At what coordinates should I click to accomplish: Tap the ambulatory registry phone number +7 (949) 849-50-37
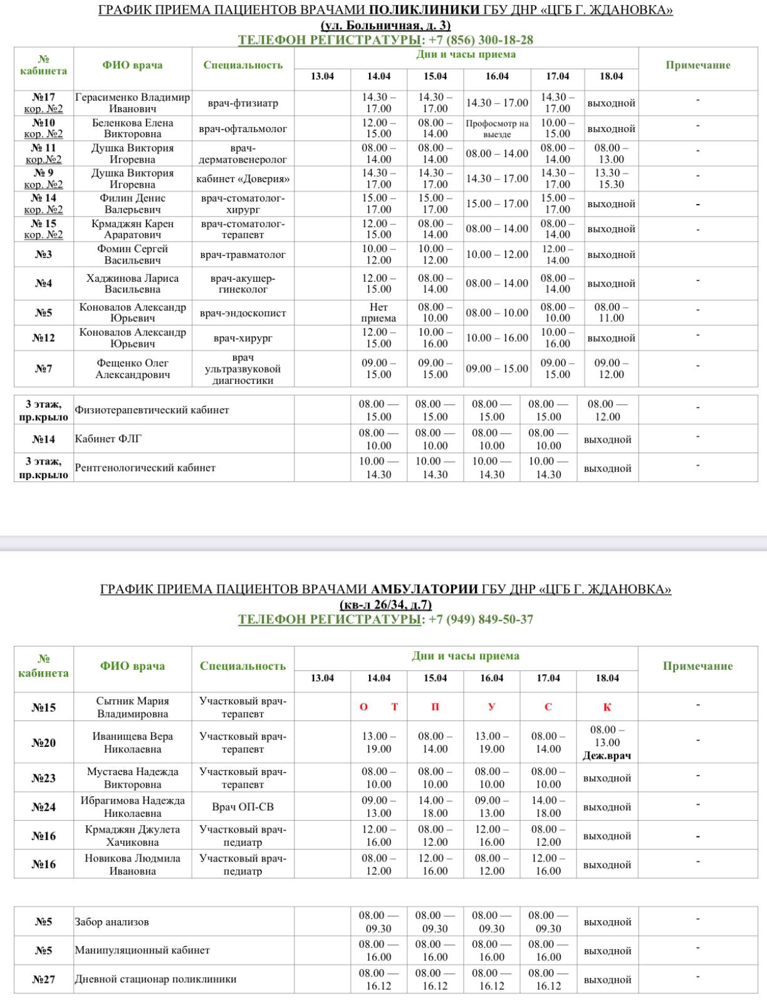[x=479, y=620]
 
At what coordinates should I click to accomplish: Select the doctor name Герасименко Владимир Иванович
[x=132, y=103]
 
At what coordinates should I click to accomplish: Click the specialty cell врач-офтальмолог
[x=243, y=128]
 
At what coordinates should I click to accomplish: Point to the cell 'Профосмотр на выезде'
[x=497, y=128]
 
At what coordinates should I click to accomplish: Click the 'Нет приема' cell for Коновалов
[x=378, y=312]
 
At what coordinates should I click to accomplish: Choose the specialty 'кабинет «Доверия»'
[x=243, y=179]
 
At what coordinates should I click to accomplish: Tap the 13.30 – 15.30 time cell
[x=611, y=178]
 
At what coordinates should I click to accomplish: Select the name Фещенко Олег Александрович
[x=132, y=369]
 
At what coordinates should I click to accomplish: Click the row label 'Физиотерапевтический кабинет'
[x=152, y=410]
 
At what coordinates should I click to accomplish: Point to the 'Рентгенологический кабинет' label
[x=145, y=468]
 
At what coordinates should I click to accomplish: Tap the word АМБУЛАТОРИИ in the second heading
[x=425, y=589]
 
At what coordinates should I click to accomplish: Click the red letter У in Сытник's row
[x=491, y=707]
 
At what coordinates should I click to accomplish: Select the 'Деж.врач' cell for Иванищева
[x=607, y=756]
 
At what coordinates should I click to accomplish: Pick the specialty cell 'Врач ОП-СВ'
[x=243, y=807]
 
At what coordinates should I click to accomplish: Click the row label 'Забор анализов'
[x=112, y=921]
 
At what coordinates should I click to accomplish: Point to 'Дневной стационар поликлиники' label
[x=155, y=979]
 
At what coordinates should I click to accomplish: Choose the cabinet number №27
[x=43, y=979]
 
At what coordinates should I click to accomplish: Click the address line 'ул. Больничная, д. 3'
[x=385, y=26]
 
